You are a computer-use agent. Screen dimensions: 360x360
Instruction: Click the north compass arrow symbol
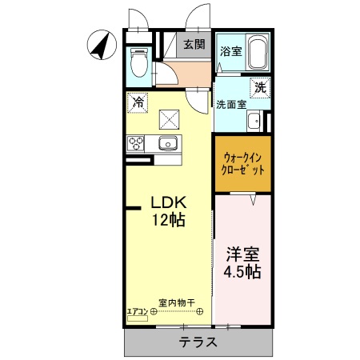pyautogui.click(x=100, y=45)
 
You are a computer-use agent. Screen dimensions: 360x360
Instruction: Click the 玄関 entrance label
pyautogui.click(x=194, y=44)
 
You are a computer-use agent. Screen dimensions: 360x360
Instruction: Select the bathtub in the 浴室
pyautogui.click(x=258, y=54)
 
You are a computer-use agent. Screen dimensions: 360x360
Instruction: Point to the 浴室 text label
pyautogui.click(x=230, y=50)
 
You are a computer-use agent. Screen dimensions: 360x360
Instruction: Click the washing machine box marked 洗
pyautogui.click(x=260, y=88)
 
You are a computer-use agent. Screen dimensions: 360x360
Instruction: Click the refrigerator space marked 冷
pyautogui.click(x=138, y=102)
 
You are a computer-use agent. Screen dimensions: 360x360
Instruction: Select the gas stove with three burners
pyautogui.click(x=136, y=144)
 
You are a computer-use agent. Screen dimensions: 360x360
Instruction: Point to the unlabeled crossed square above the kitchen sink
pyautogui.click(x=170, y=119)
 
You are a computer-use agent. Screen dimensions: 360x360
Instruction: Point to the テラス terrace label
pyautogui.click(x=198, y=342)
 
